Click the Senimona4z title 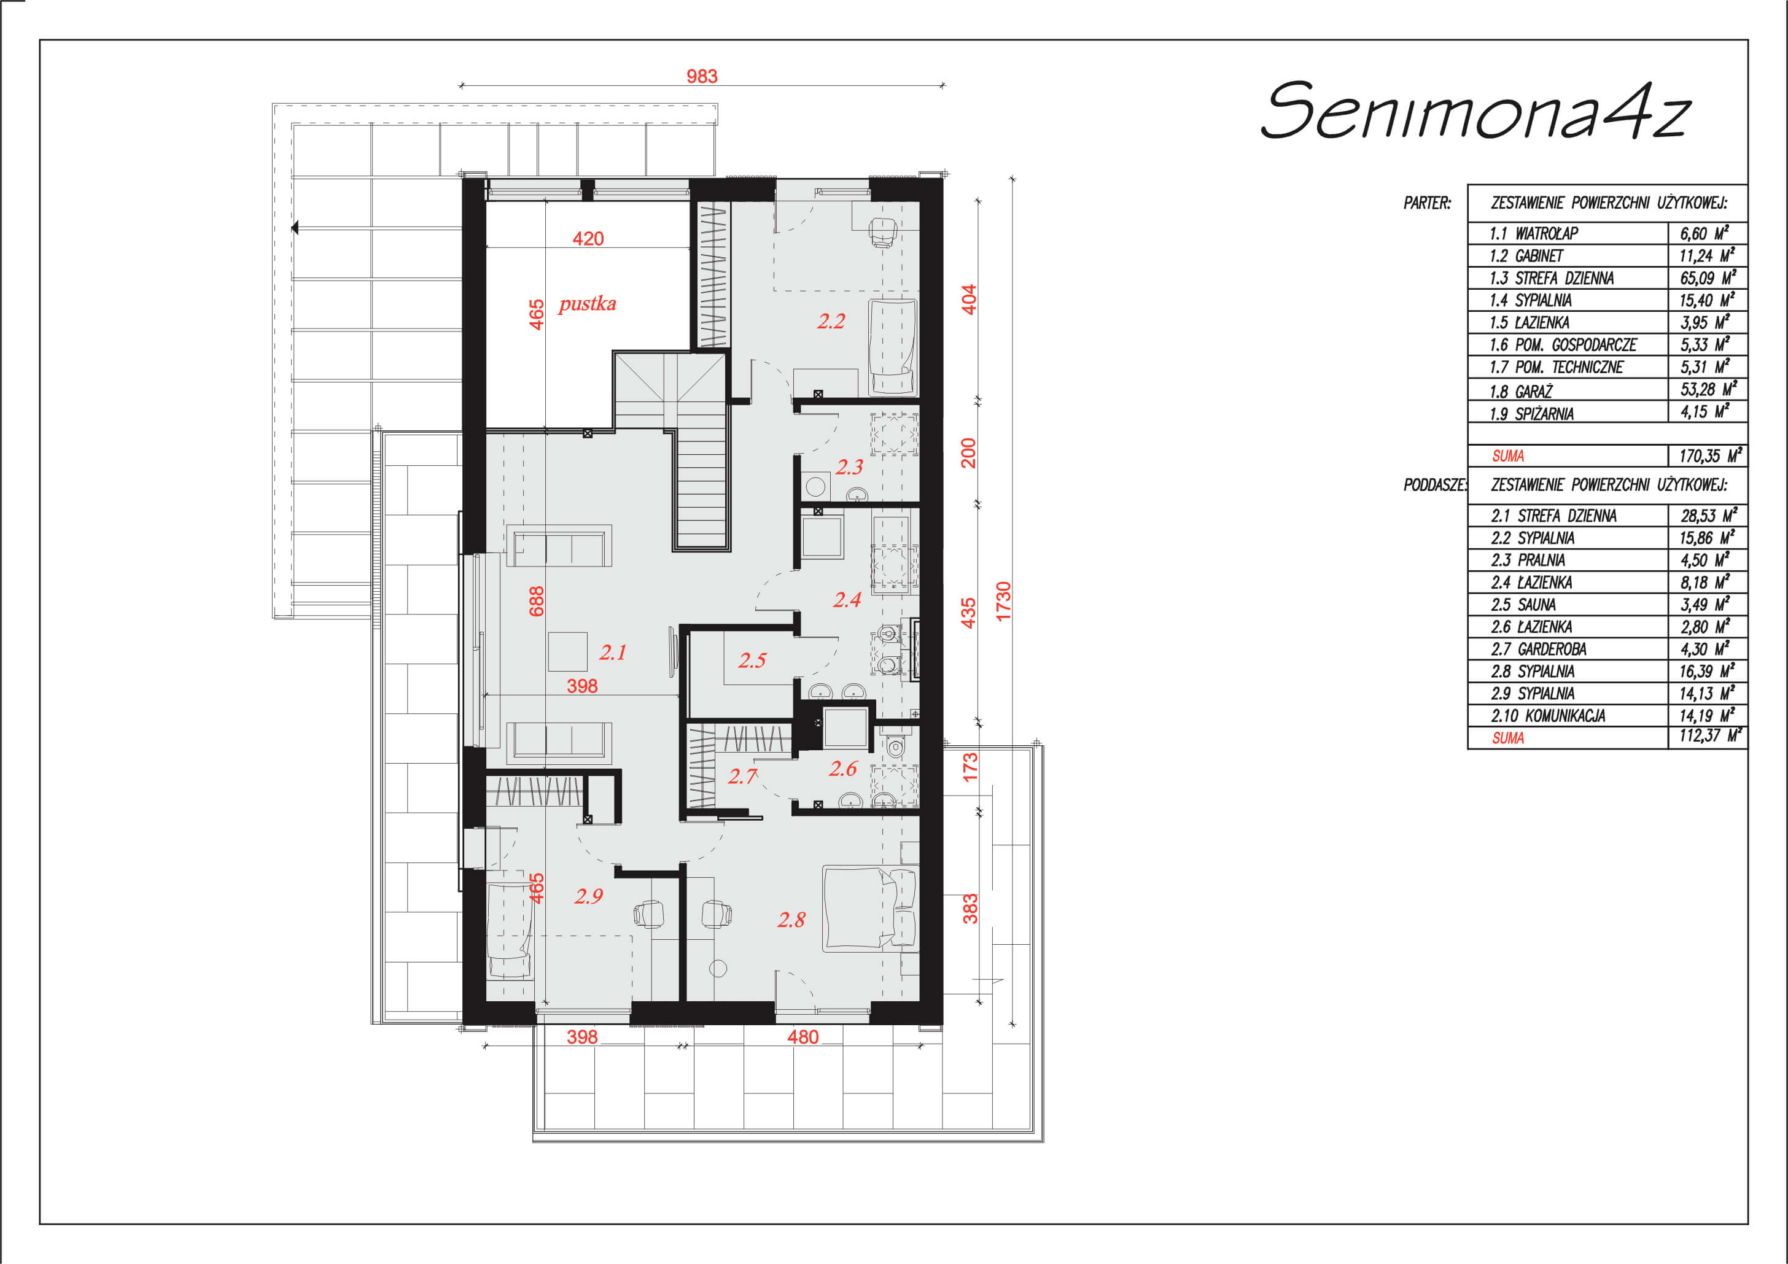[x=1475, y=111]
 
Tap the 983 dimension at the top [x=702, y=76]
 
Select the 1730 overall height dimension [x=1003, y=601]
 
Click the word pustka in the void [x=587, y=304]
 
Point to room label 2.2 [x=831, y=321]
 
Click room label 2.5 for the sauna [x=752, y=661]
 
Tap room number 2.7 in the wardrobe [x=742, y=777]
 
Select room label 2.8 [x=791, y=920]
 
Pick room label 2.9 [x=589, y=896]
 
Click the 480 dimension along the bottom [x=803, y=1037]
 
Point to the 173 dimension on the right [x=970, y=767]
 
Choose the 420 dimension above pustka [x=588, y=239]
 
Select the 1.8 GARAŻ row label [x=1521, y=391]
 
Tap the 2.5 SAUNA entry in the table [x=1523, y=604]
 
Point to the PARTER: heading [x=1428, y=203]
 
